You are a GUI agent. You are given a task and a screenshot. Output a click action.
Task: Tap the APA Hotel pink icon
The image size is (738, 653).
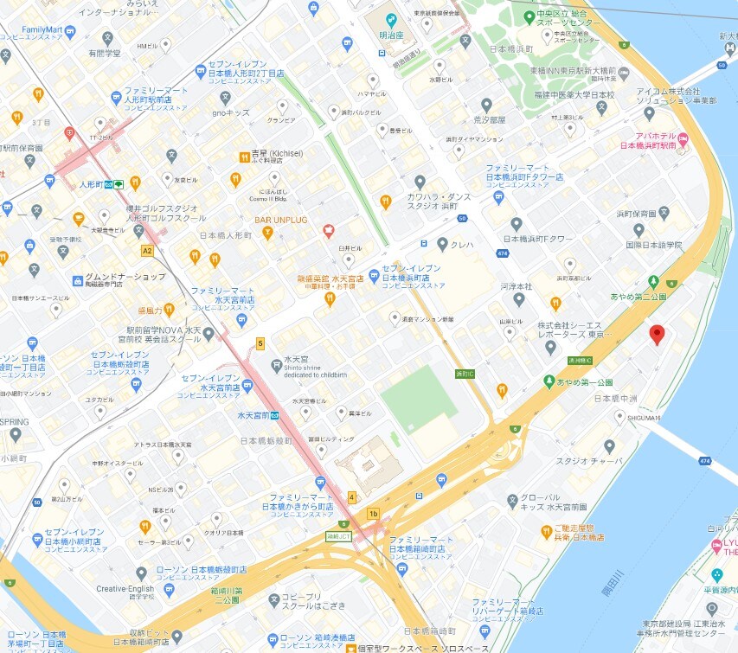pos(682,140)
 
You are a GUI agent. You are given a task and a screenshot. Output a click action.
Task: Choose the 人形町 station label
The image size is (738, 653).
pos(91,184)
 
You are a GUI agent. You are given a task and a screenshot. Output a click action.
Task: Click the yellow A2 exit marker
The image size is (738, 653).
pos(147,250)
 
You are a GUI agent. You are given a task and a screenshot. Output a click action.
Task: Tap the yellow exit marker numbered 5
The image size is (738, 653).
pos(260,343)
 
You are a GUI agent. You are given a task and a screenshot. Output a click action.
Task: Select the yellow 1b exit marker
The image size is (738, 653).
pos(373,513)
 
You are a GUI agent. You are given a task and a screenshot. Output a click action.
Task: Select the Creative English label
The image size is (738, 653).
pos(125,589)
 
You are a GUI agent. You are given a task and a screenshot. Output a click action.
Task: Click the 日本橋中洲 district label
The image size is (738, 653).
pos(617,399)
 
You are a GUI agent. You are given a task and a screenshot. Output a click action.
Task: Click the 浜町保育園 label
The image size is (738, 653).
pos(639,212)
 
